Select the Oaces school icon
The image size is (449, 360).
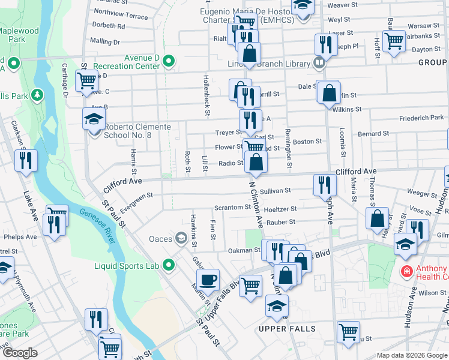click(x=180, y=239)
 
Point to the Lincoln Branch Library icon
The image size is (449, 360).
click(x=319, y=63)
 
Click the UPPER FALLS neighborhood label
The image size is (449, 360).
click(x=286, y=329)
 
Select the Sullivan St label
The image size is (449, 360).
click(x=276, y=190)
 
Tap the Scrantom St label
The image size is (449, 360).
click(x=232, y=208)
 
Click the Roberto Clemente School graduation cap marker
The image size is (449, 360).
click(x=94, y=119)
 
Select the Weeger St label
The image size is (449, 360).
click(x=421, y=194)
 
